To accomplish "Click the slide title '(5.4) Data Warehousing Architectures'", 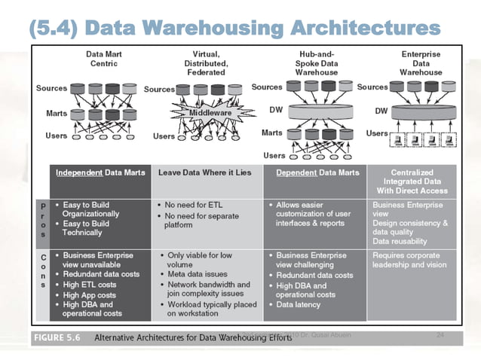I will point(234,29).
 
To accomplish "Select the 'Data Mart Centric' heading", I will point(104,59).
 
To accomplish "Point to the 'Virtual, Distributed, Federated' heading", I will point(206,63).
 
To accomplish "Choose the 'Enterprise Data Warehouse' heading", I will point(421,63).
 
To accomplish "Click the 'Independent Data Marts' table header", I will point(99,172).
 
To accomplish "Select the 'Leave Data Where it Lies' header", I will point(207,172).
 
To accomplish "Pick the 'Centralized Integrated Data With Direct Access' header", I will point(419,181).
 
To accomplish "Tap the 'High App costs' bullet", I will point(91,294).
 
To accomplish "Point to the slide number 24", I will point(440,334).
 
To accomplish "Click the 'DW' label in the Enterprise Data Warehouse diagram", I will point(381,109).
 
